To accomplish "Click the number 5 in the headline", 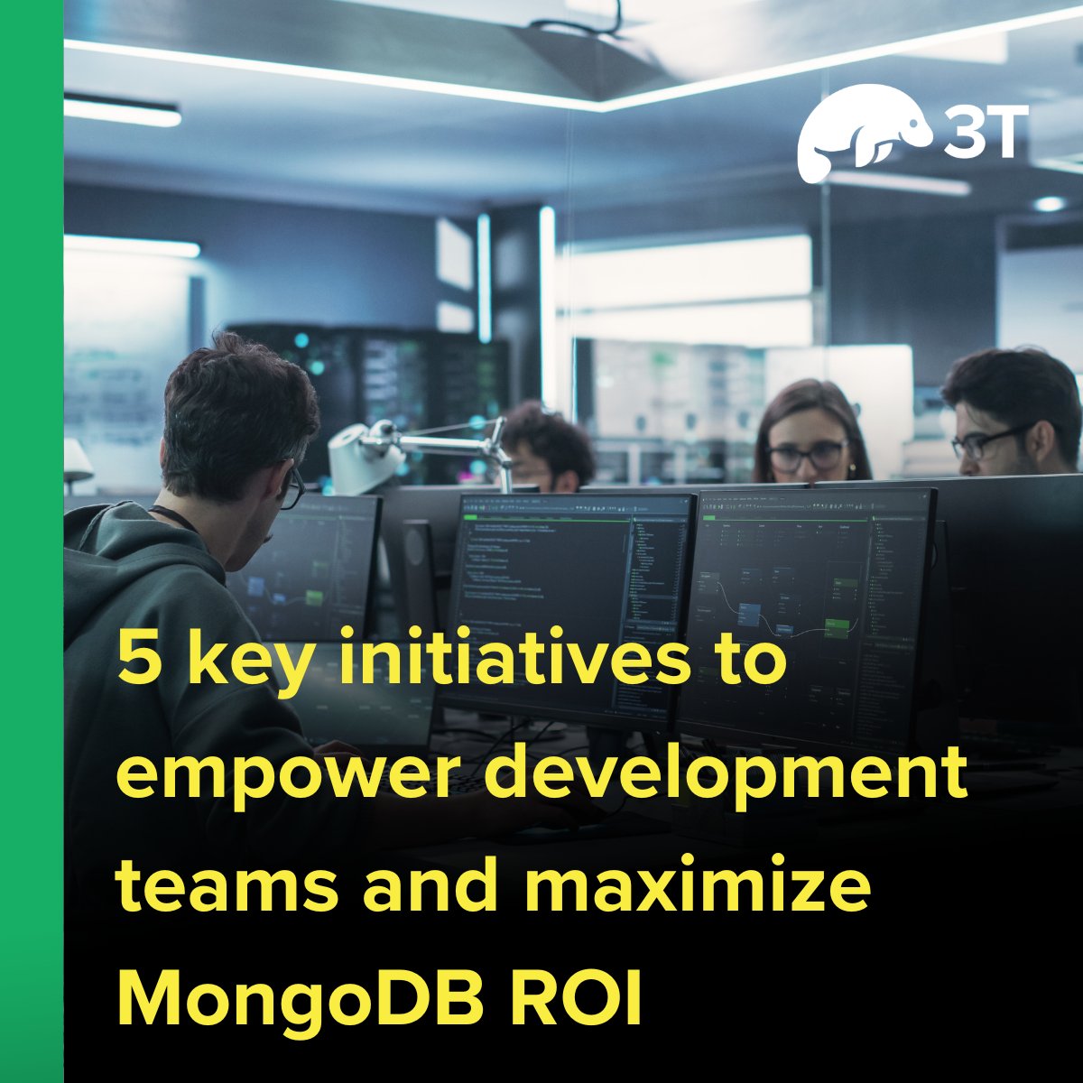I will tap(136, 663).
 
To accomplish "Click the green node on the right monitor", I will tap(840, 625).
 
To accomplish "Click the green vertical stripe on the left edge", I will tap(32, 541).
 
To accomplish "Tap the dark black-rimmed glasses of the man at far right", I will tap(988, 442).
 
